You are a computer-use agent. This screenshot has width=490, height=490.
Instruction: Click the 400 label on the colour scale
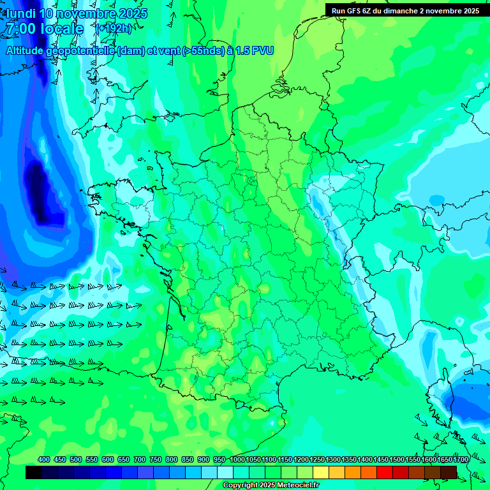pos(44,459)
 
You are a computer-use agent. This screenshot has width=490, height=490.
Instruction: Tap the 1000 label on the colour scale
pos(237,459)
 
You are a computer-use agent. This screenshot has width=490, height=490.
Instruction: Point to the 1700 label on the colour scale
pos(461,459)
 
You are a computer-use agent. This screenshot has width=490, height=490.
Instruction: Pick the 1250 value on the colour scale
pos(317,459)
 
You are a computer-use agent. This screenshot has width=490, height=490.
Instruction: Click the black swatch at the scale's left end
pos(34,472)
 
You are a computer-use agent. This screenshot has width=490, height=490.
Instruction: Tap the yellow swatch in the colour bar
pos(321,472)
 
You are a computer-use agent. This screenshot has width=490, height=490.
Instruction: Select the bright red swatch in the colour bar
pos(385,472)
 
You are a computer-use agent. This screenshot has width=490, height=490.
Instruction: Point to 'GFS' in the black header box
pos(357,10)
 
